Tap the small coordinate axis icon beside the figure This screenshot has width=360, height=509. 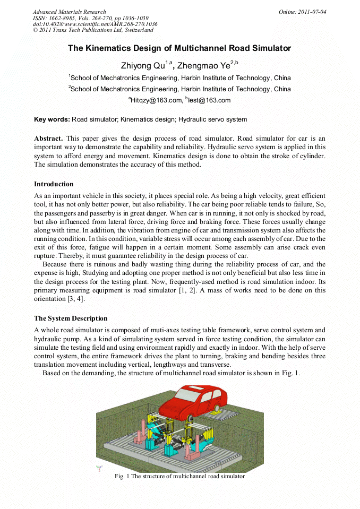point(99,468)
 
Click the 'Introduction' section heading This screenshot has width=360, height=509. point(54,184)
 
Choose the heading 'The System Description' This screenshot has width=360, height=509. point(71,318)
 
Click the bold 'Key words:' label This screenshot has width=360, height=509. point(52,119)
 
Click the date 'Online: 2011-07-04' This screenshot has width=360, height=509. point(302,12)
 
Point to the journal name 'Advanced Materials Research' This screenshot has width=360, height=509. point(70,12)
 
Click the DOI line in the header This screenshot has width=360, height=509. point(95,24)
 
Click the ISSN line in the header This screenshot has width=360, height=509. point(90,18)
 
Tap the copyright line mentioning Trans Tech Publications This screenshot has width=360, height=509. point(93,30)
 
